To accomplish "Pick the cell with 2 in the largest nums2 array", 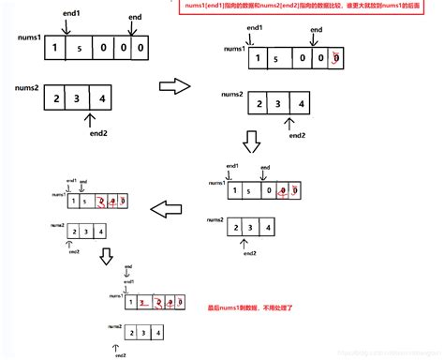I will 58,97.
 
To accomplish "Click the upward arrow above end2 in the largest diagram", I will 89,120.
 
